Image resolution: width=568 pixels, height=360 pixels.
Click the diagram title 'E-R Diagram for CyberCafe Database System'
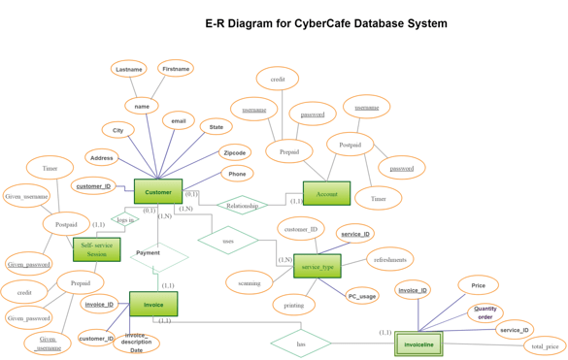326,23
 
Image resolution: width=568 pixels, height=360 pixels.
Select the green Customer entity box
158,192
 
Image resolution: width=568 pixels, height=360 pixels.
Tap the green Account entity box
326,194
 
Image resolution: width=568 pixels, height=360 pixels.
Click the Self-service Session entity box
97,249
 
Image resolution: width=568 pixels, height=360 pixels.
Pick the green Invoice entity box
153,305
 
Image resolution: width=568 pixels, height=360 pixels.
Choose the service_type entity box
317,266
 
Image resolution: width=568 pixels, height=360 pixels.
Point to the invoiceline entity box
418,344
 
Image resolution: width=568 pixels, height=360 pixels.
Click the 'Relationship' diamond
242,206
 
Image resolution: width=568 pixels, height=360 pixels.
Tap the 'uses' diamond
228,241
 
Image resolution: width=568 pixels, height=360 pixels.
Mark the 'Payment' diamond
158,256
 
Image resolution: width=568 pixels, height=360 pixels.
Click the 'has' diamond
301,344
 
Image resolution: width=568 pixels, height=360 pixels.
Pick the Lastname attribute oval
129,70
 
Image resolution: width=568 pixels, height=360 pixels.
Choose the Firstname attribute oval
176,69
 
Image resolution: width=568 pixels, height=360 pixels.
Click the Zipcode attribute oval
235,152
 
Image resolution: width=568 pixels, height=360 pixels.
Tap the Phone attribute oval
237,174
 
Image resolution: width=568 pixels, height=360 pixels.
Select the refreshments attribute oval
390,259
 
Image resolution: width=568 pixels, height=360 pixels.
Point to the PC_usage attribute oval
362,296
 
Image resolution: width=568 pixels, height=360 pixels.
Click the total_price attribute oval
544,345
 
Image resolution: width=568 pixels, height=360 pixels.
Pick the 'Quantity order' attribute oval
484,313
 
